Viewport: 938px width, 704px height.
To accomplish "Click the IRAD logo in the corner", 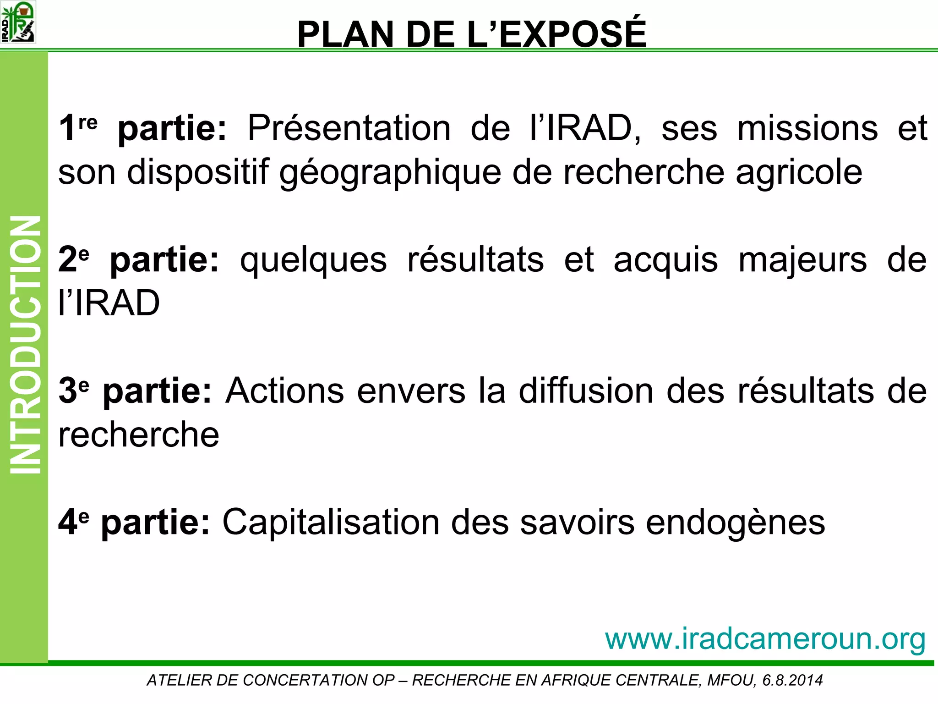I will [x=18, y=22].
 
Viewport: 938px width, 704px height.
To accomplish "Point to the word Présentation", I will [x=349, y=128].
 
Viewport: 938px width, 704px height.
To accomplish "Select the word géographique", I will [x=390, y=173].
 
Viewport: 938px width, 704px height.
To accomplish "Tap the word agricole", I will [x=799, y=173].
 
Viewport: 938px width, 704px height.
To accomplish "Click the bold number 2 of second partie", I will [x=67, y=259].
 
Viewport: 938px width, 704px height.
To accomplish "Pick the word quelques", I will [x=313, y=260].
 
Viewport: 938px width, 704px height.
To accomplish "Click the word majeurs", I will [x=802, y=260].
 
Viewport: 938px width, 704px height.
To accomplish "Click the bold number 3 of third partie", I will [x=67, y=390].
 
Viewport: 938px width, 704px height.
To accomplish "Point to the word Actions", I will [x=284, y=390].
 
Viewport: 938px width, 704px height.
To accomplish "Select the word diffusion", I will [x=586, y=390].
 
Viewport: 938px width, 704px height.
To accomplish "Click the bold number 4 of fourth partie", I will [x=67, y=522].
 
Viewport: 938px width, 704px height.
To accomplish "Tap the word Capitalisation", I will [x=331, y=522].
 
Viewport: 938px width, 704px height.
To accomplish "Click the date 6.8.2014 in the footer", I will [x=792, y=680].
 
